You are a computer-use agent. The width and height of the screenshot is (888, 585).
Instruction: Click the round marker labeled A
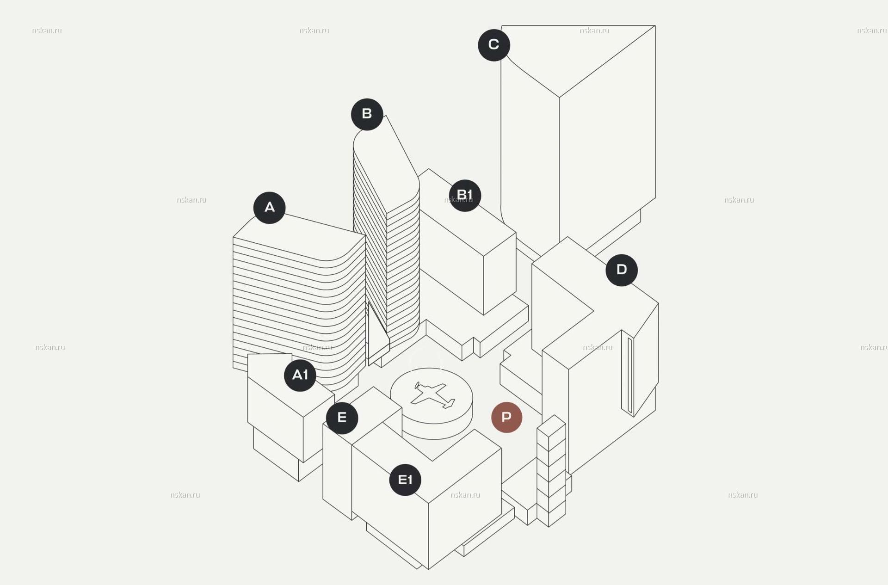[269, 208]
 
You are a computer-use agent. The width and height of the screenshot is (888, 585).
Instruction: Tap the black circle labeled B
[367, 114]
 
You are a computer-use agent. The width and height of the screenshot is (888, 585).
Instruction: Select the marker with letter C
[494, 45]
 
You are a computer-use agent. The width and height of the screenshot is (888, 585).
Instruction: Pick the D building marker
[622, 270]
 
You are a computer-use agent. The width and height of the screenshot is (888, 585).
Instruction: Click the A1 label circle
[300, 375]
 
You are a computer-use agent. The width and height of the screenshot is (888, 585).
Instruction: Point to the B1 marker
[465, 195]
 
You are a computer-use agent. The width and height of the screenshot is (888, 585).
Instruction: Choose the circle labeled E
[342, 418]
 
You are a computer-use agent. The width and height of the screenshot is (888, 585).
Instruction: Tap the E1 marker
[405, 480]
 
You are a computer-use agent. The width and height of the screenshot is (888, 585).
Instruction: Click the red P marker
[507, 418]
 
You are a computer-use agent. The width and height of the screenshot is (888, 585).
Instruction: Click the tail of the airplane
[448, 404]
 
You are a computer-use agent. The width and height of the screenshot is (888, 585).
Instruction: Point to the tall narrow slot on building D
[630, 375]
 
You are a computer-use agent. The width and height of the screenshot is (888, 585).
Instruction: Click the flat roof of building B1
[467, 213]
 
